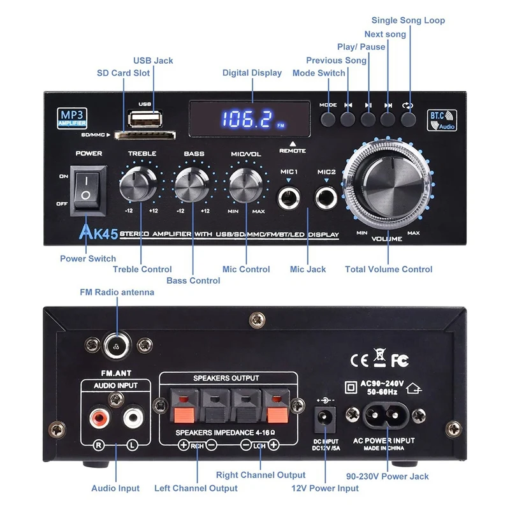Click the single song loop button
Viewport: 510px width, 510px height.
[408, 118]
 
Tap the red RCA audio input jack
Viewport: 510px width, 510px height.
[99, 418]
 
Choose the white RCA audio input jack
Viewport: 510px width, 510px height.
[133, 418]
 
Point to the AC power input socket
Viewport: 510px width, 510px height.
[384, 416]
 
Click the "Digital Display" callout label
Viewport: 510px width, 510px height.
[252, 73]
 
